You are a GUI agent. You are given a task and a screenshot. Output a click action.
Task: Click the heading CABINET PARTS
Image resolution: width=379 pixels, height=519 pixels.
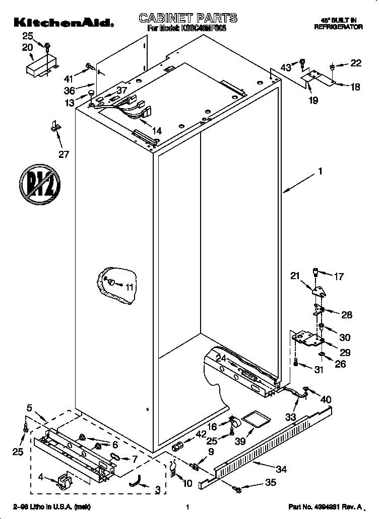188,19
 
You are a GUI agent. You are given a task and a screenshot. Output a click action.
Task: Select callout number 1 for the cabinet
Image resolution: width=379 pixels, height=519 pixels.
320,171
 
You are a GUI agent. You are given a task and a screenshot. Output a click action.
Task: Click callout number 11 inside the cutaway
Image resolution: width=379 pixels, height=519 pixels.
130,287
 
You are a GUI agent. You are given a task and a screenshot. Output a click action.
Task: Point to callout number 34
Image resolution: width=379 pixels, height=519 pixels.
281,469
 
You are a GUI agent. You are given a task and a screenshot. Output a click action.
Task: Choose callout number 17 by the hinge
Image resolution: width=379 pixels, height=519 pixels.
339,276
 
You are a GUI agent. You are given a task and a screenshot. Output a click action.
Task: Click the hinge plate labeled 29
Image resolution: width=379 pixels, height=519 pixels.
307,337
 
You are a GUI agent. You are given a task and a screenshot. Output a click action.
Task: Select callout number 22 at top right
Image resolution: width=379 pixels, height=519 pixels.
356,63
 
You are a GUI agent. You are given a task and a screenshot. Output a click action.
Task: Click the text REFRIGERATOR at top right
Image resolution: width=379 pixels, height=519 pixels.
338,27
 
